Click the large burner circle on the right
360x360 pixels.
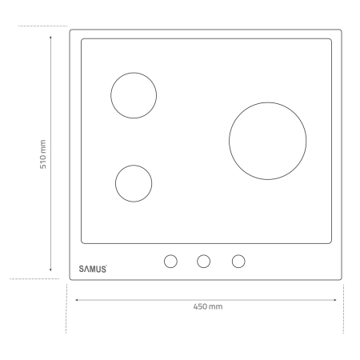(268, 139)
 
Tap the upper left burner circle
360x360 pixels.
(133, 95)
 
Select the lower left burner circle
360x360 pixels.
(134, 183)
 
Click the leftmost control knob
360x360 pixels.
(170, 261)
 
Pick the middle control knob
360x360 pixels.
(204, 261)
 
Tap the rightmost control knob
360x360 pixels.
(238, 261)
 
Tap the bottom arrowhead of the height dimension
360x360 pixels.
(51, 271)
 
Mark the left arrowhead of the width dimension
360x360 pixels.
(77, 300)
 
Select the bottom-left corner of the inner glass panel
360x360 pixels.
(82, 242)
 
